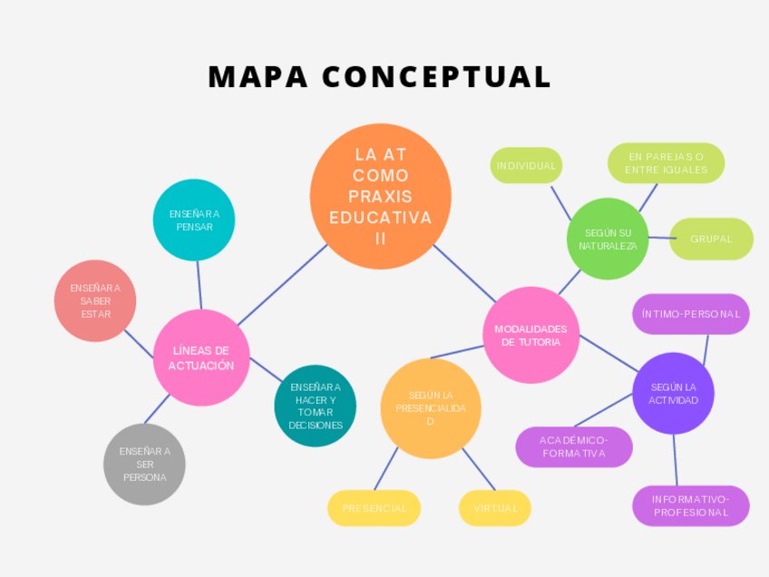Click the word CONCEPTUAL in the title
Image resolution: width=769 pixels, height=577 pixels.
[436, 77]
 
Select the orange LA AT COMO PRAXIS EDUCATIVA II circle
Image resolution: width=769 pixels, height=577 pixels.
[380, 196]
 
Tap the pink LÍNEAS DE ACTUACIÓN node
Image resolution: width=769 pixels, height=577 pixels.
[200, 357]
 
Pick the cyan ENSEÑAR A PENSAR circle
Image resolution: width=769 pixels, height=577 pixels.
[194, 220]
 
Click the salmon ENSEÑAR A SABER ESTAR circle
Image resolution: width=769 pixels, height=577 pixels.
[95, 300]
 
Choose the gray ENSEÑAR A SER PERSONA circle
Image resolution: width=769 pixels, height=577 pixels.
[144, 464]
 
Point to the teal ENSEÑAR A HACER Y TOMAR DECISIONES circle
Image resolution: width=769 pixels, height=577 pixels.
[316, 406]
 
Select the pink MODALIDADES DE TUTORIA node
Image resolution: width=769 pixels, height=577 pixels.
[531, 335]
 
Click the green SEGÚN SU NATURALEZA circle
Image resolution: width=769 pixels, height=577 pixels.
[608, 239]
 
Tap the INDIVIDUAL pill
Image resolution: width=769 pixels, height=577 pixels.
[526, 166]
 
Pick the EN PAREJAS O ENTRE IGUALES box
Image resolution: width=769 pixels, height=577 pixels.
[666, 163]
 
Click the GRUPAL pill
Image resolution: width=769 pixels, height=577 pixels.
[711, 239]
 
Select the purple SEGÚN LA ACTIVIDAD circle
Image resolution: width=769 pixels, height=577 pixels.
[673, 393]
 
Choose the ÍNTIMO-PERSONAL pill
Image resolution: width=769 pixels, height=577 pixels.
[690, 314]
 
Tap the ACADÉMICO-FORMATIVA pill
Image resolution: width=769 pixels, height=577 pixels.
[573, 446]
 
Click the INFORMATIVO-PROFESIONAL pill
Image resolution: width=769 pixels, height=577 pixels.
[690, 505]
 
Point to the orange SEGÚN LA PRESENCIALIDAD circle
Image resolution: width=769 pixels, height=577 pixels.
[430, 407]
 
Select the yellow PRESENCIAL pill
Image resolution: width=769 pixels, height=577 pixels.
[374, 508]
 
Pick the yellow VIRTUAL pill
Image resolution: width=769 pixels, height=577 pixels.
[494, 508]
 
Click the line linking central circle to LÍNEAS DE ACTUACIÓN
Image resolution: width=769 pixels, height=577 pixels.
[281, 285]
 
